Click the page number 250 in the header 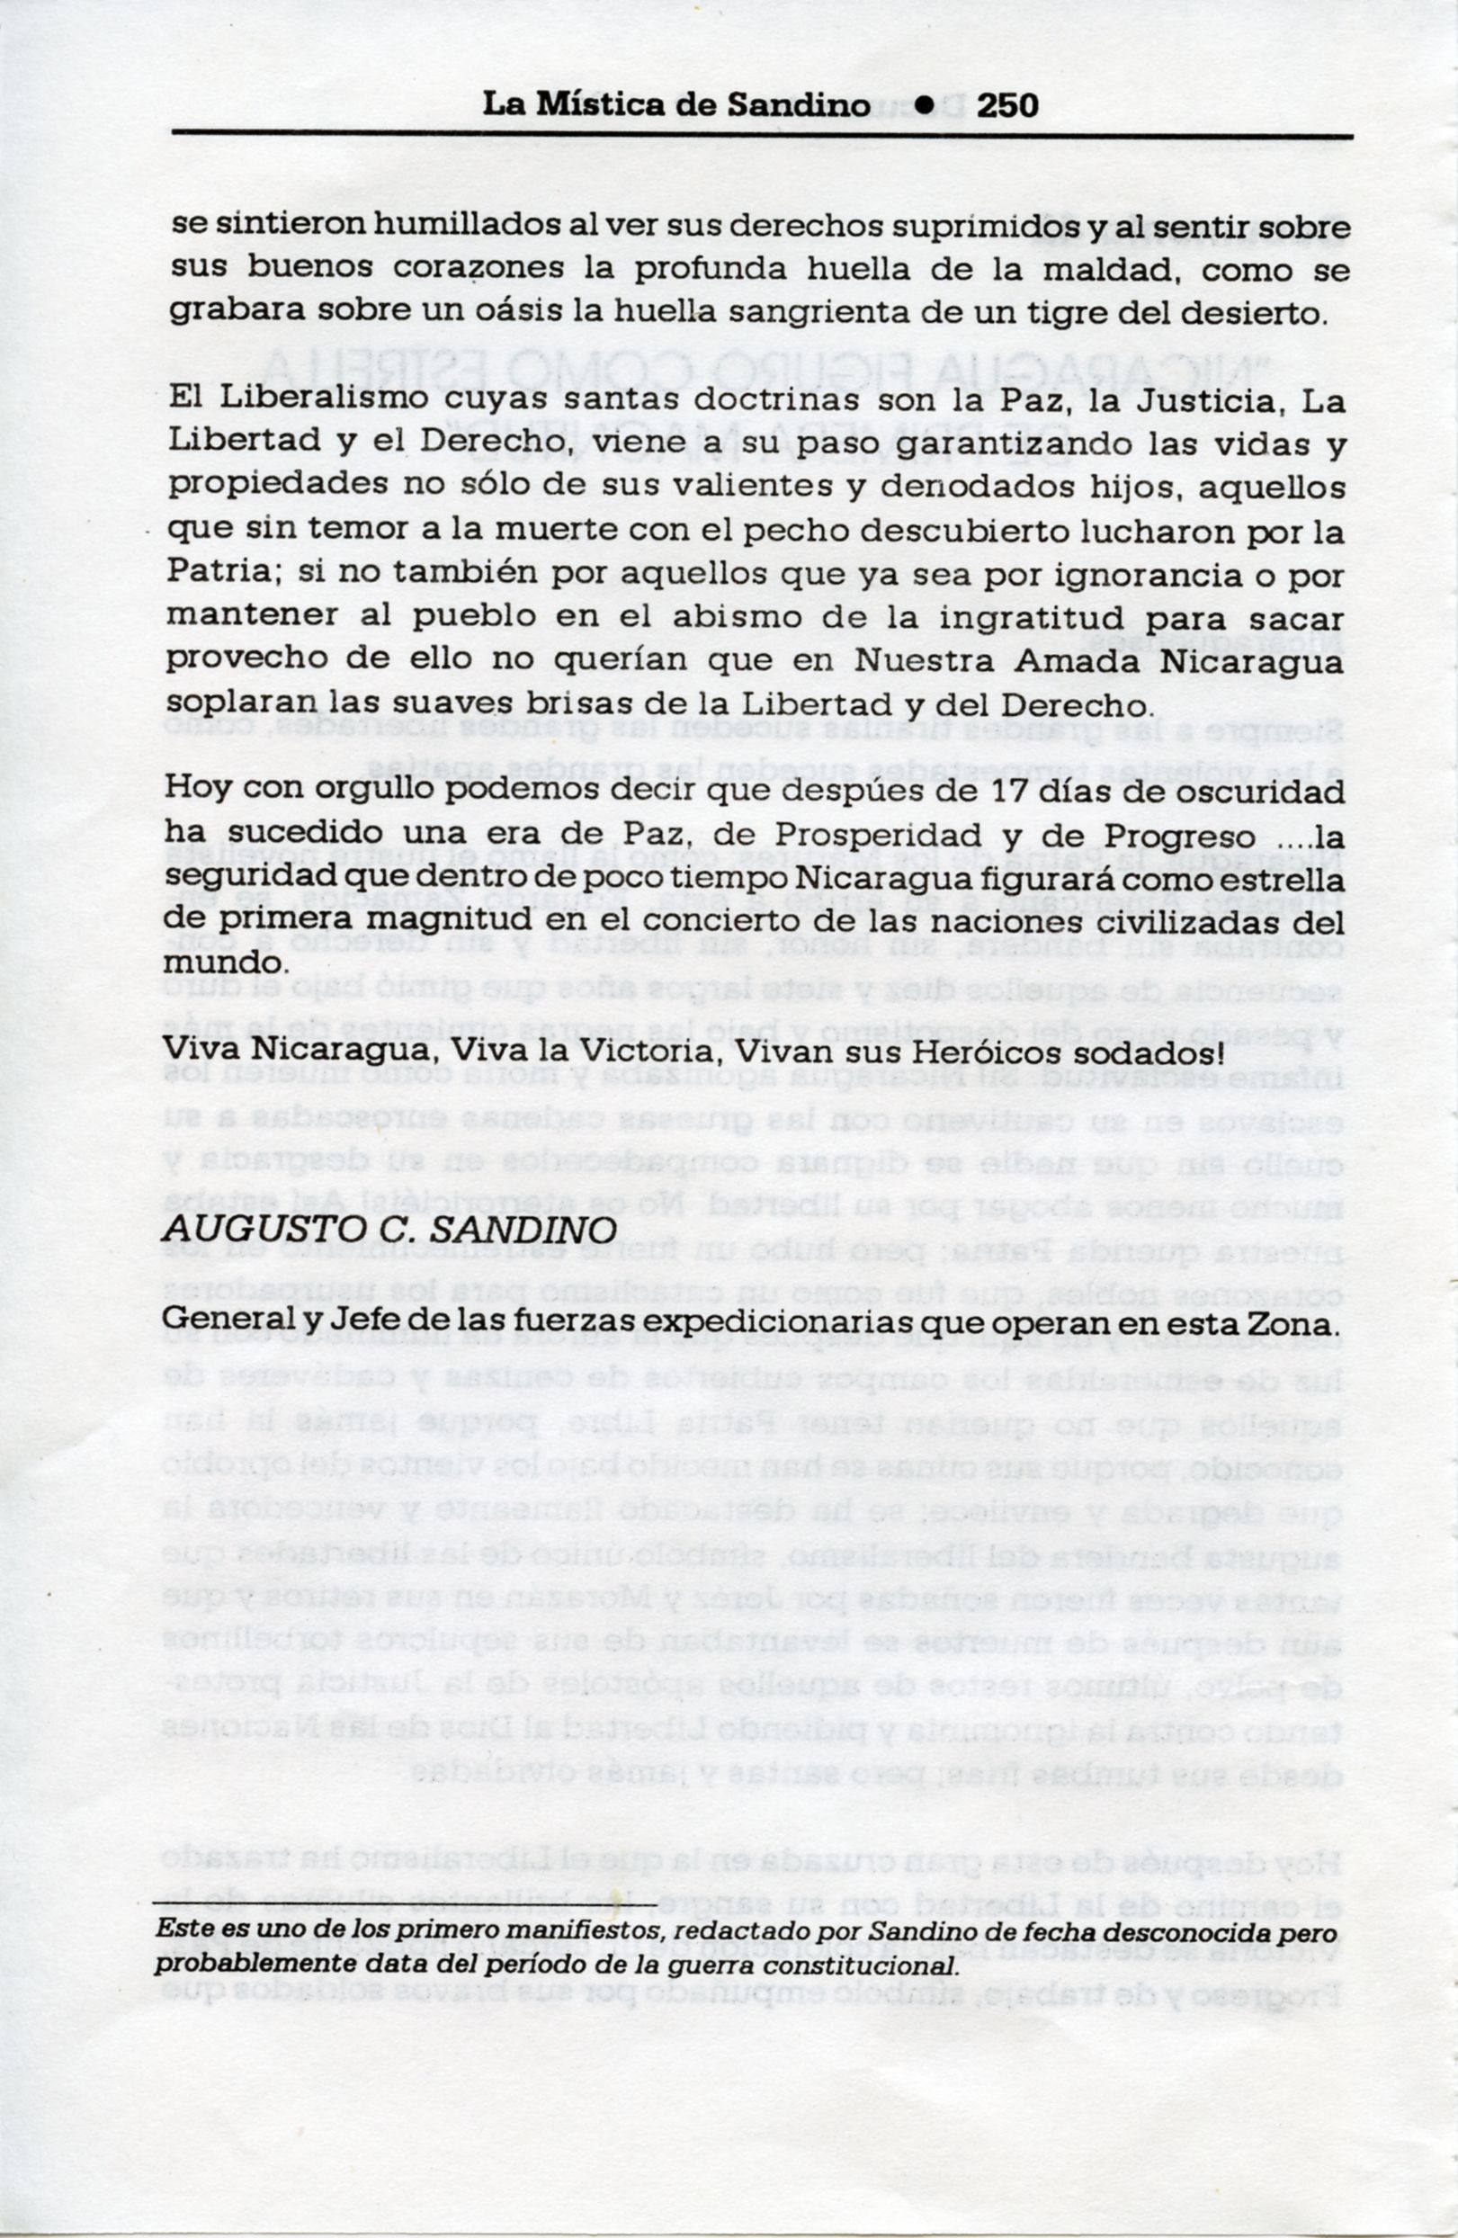point(1006,105)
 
